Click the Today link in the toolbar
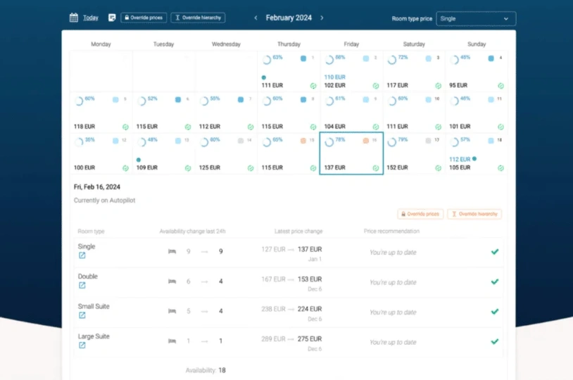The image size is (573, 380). click(91, 18)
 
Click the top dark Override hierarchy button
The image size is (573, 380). click(198, 18)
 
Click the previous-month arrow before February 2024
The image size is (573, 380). click(256, 18)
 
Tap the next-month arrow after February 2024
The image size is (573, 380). click(322, 18)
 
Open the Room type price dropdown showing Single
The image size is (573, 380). click(476, 19)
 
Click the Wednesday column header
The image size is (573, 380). click(226, 44)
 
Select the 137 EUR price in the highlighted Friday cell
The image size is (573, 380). click(334, 167)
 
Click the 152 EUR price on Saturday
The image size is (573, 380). click(397, 167)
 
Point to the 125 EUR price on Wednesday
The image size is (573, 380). click(210, 167)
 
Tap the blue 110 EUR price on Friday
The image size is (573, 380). click(334, 77)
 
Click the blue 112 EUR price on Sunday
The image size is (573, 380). click(460, 160)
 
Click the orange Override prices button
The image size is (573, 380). click(420, 214)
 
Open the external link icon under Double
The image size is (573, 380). click(82, 286)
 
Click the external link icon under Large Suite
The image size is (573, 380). click(82, 346)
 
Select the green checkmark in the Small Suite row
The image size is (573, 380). click(495, 311)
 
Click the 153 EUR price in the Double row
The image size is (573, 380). click(310, 279)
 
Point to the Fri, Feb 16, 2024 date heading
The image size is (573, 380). click(97, 187)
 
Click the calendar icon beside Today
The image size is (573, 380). click(74, 18)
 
